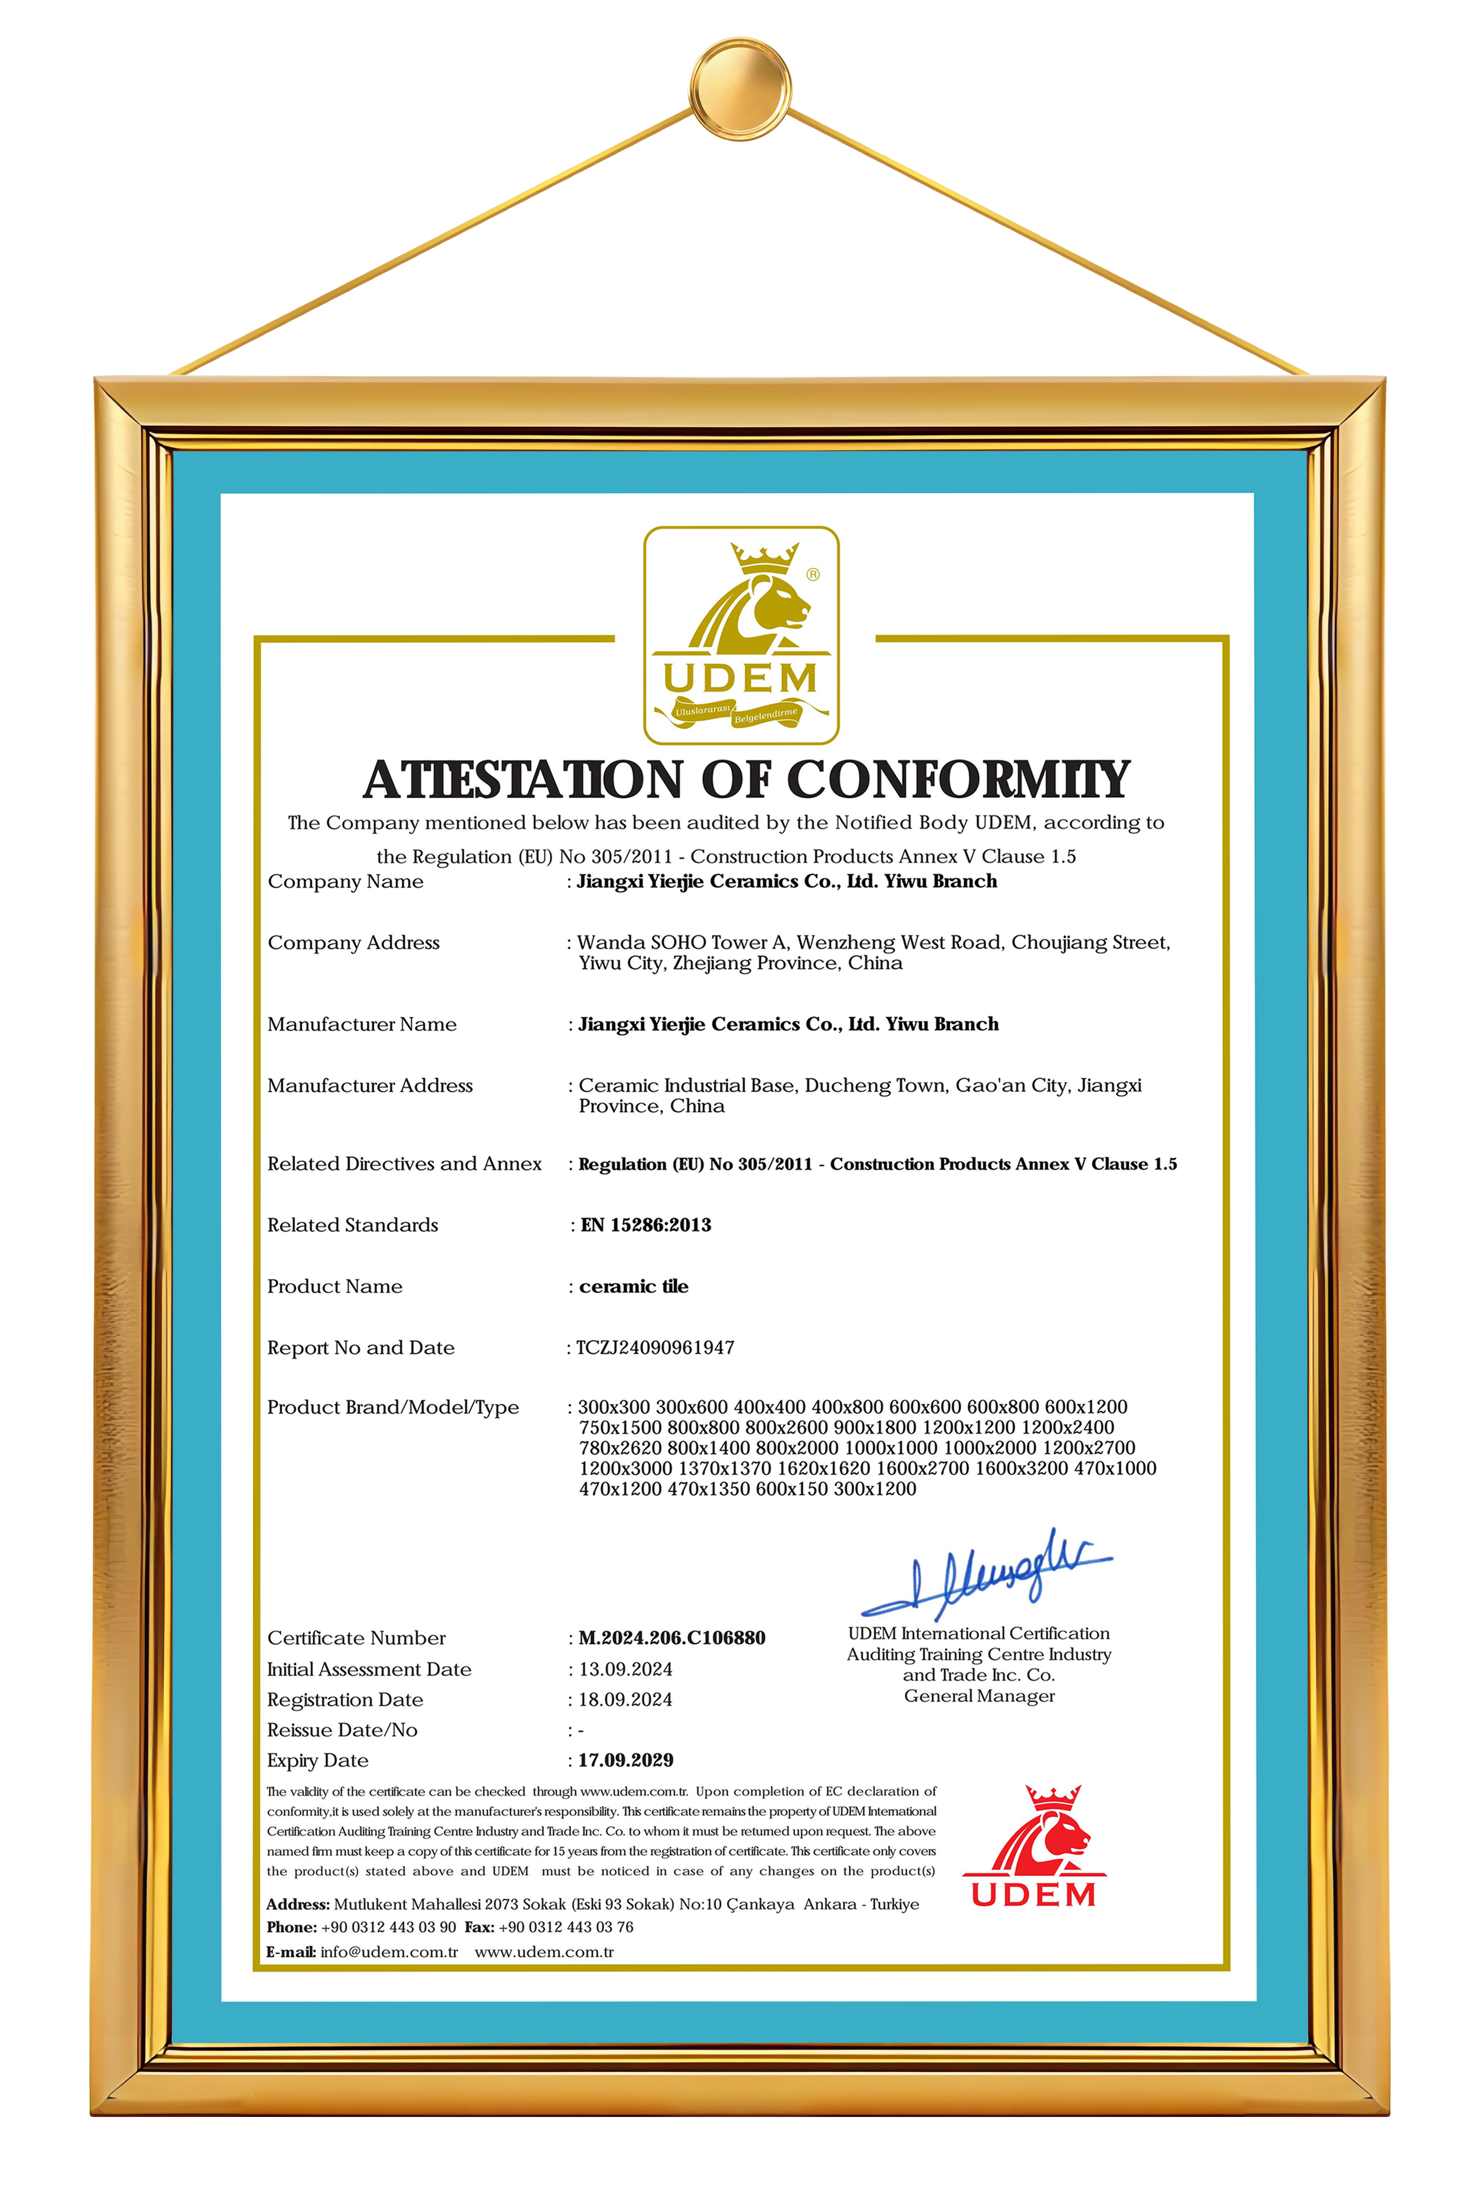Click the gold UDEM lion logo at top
[741, 635]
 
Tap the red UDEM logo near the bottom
[1033, 1846]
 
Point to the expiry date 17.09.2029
[625, 1760]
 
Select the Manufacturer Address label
[370, 1086]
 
